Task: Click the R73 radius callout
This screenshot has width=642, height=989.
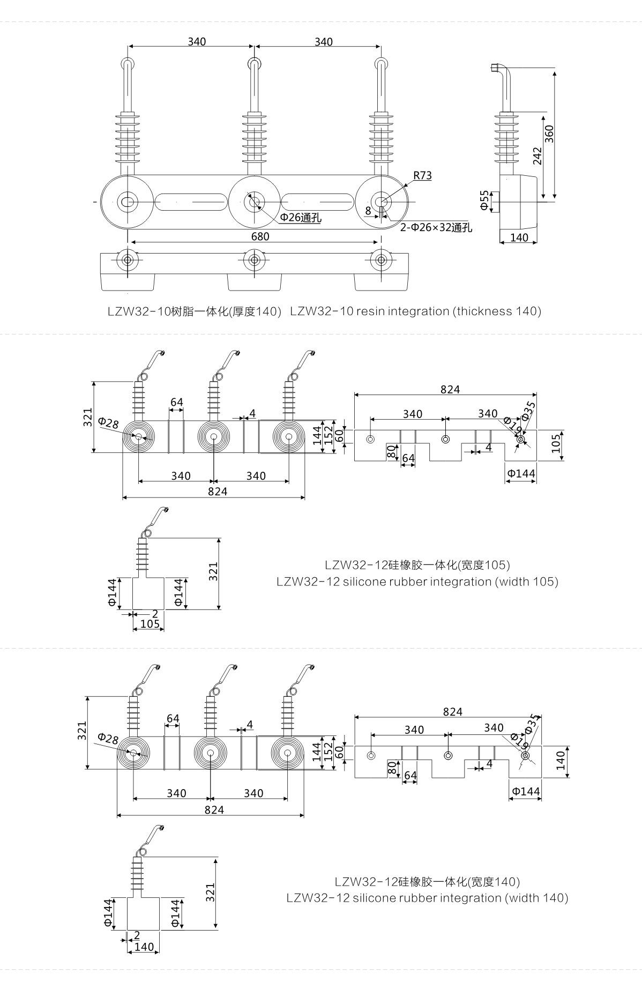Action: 422,175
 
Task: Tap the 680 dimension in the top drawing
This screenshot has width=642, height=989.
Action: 260,236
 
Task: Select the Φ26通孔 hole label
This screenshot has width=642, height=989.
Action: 300,217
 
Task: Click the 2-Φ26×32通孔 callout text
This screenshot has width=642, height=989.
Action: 436,227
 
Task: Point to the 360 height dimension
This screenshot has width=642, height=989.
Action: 549,133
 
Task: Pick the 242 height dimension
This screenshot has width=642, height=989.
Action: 538,155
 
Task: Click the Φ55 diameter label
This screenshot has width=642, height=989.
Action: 484,200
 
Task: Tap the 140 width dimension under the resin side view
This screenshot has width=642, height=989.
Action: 519,237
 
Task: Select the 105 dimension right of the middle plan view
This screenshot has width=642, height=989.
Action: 556,443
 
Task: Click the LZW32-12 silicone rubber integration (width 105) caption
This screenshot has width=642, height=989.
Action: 417,582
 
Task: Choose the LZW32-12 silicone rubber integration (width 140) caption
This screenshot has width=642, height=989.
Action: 427,898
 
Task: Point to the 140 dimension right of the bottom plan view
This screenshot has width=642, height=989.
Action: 561,760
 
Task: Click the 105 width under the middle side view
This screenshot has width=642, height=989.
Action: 150,624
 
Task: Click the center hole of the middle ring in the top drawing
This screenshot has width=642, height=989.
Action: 253,202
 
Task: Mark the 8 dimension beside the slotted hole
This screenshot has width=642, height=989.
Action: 368,211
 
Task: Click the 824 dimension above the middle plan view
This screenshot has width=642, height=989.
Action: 450,389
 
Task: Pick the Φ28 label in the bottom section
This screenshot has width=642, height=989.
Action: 108,738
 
